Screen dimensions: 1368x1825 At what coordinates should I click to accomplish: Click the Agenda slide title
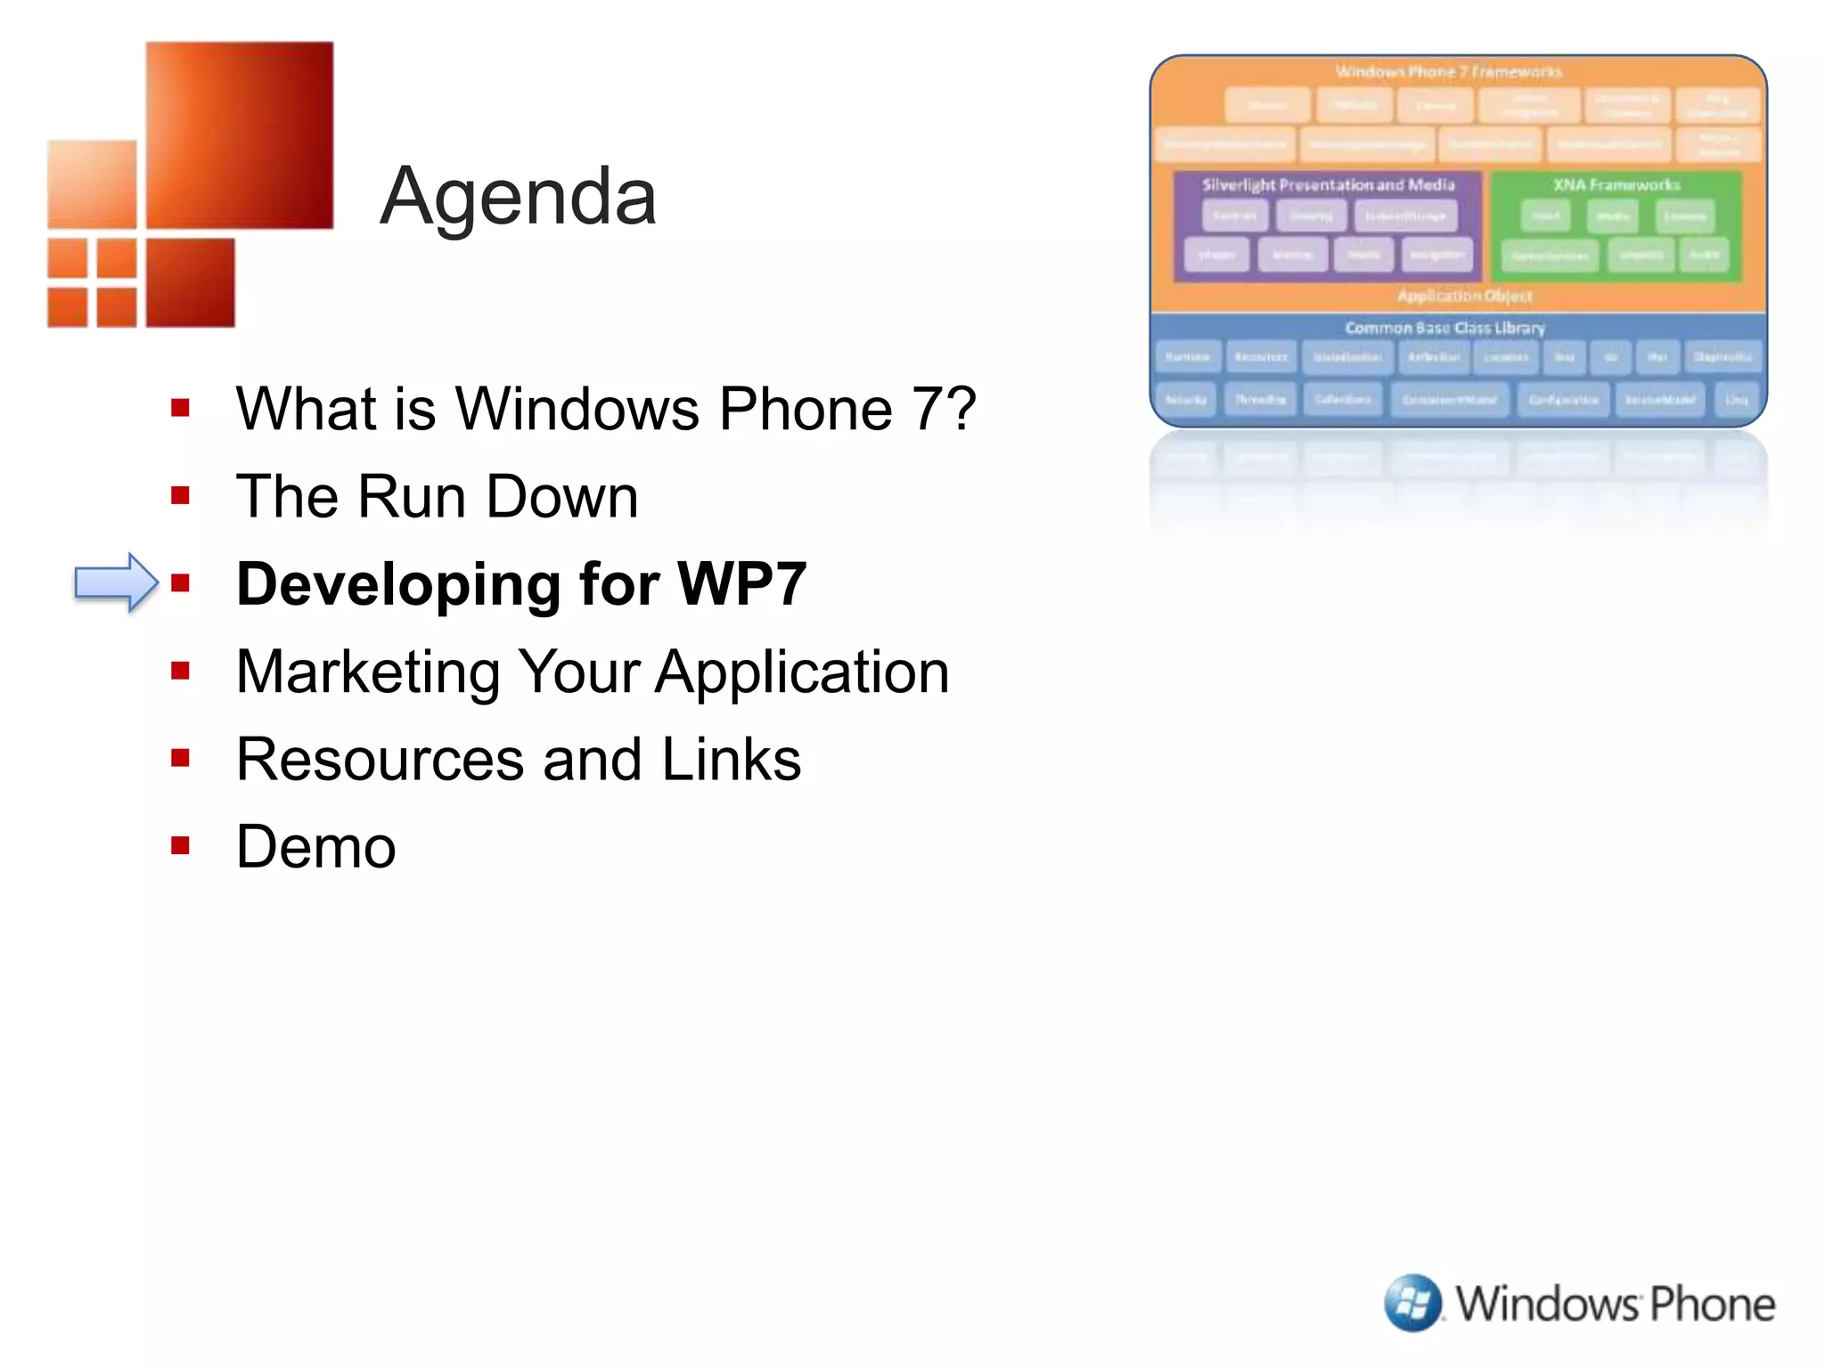[518, 197]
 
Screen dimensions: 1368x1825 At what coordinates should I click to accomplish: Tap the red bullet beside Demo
[181, 845]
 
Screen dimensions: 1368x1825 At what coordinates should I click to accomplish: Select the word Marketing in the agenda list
[368, 672]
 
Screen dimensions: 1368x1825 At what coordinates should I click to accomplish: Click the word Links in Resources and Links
[731, 760]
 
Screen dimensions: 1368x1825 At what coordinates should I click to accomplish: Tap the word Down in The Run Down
[562, 496]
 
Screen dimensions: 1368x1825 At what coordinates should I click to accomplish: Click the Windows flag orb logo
[1412, 1303]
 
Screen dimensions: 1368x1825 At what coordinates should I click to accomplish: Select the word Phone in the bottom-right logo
[1712, 1304]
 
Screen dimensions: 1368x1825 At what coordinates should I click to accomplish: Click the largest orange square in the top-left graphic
[240, 134]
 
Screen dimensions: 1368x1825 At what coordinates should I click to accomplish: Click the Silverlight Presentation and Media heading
[1328, 185]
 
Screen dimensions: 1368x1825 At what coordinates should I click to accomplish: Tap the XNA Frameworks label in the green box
[1616, 185]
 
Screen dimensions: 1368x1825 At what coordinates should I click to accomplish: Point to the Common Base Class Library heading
[1444, 328]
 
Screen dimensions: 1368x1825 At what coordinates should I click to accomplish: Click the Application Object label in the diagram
[1464, 296]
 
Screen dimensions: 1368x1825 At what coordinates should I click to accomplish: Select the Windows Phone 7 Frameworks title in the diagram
[1448, 72]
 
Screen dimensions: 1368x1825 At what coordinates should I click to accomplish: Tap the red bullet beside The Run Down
[181, 495]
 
